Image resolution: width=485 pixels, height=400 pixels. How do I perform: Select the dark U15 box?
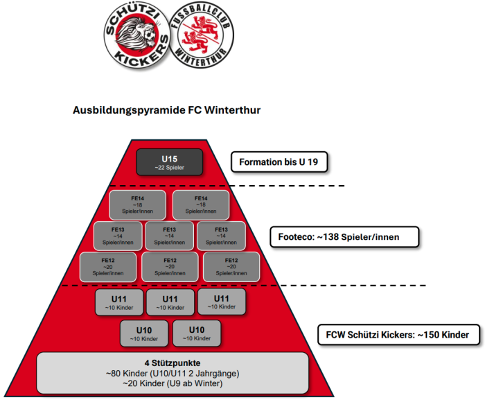tap(170, 162)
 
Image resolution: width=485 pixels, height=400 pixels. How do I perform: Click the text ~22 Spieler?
tap(170, 167)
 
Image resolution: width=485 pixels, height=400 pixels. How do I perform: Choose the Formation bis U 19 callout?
tap(279, 162)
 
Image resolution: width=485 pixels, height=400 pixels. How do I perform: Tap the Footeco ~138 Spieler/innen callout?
tap(344, 237)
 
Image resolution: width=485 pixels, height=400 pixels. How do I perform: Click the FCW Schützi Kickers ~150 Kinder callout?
tap(398, 335)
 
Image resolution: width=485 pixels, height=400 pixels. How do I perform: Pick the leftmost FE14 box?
tap(137, 205)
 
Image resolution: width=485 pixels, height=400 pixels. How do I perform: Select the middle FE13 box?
tap(169, 236)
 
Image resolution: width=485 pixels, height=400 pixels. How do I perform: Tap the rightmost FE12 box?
tap(231, 267)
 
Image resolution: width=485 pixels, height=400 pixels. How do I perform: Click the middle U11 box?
tap(170, 302)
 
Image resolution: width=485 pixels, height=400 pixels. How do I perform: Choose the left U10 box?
tap(144, 333)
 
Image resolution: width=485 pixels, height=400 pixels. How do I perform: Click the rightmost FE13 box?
tap(221, 236)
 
